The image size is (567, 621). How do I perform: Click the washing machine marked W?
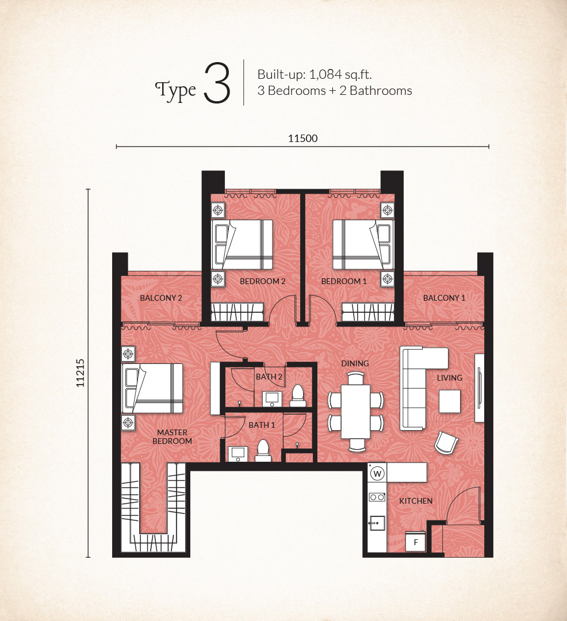pos(377,473)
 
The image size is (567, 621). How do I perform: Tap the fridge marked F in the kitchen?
pos(415,542)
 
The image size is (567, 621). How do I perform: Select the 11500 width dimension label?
pos(303,138)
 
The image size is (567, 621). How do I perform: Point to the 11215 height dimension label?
pos(81,373)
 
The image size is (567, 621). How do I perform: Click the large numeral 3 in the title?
pos(217,83)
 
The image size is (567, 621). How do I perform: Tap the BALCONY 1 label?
pos(445,298)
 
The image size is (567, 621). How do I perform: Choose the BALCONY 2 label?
pos(161,298)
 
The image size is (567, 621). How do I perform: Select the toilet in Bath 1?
pos(263,451)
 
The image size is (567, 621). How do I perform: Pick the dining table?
pos(356,412)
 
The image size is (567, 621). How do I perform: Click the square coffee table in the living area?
pos(450,401)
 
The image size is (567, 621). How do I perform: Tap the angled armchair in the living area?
pos(446,442)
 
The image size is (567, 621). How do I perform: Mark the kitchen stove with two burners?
pos(377,497)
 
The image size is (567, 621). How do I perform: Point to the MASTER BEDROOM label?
pos(173,437)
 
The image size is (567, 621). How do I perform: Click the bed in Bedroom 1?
pos(363,245)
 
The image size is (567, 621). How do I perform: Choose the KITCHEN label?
pos(416,501)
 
